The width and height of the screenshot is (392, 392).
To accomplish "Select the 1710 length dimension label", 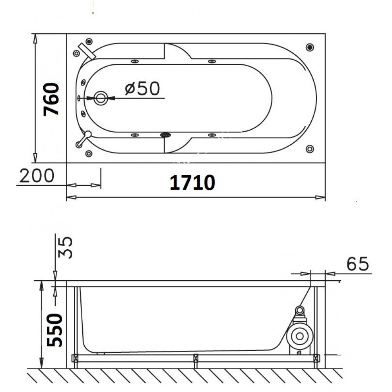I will pyautogui.click(x=192, y=183).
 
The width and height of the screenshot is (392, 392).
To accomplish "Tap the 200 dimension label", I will pyautogui.click(x=37, y=176).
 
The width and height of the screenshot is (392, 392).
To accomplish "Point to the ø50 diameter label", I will pyautogui.click(x=142, y=89).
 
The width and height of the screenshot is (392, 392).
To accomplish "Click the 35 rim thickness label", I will pyautogui.click(x=65, y=247).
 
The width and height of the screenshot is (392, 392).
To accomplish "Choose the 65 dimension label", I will pyautogui.click(x=358, y=264).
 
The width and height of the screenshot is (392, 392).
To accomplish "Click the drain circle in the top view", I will pyautogui.click(x=101, y=98).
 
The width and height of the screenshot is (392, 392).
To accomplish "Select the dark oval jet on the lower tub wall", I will pyautogui.click(x=166, y=135).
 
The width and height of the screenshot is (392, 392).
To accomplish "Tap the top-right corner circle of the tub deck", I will pyautogui.click(x=310, y=47).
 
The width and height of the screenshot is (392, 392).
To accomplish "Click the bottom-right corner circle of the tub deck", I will pyautogui.click(x=310, y=149).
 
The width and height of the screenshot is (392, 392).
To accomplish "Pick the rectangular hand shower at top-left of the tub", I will pyautogui.click(x=87, y=51).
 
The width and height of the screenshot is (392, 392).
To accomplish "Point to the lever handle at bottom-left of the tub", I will pyautogui.click(x=83, y=138).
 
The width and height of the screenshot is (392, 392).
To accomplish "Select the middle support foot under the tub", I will pyautogui.click(x=196, y=358).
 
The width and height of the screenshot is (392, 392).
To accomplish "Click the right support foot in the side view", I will pyautogui.click(x=316, y=358).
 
